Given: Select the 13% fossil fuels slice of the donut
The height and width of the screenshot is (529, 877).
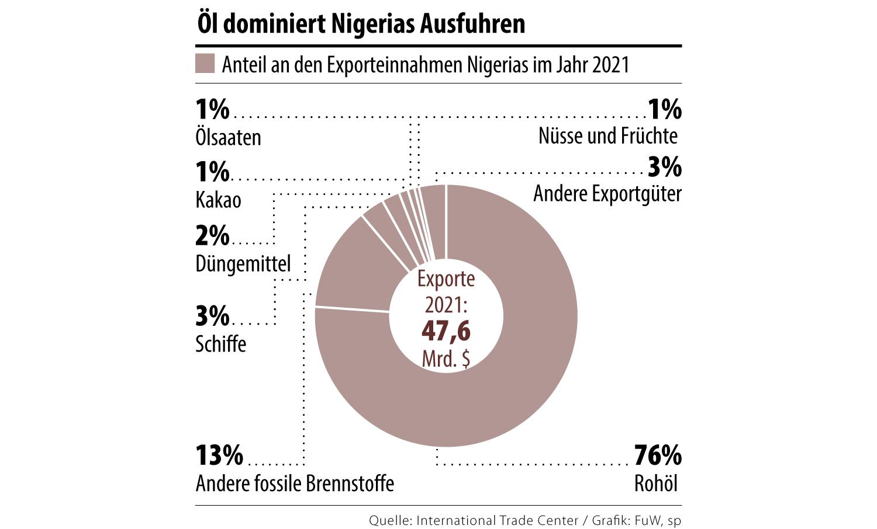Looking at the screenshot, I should point(351,269).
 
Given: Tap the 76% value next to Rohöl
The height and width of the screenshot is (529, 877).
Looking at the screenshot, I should point(658,455).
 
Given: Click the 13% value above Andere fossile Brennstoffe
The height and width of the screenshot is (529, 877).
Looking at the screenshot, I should point(219,455).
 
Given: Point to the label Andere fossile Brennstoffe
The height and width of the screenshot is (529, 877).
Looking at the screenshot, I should point(295,483).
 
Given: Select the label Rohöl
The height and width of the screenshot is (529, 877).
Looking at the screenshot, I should point(656,483).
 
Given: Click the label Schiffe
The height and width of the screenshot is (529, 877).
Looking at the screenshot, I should point(220,343).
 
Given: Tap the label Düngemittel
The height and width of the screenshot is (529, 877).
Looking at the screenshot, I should point(243,263).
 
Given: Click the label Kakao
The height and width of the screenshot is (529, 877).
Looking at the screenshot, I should point(218,200).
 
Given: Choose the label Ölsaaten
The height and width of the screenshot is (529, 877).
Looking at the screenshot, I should point(228,137).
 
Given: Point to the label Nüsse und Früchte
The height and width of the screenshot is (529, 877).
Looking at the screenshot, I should point(608,136).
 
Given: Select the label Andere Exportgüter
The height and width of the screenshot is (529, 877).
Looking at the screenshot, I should point(607,193).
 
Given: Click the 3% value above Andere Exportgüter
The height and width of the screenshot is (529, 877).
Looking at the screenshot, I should point(665,167).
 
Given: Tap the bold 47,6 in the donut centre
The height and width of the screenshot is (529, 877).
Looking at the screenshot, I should point(446,331).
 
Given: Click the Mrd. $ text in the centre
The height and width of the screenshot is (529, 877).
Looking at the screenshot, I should point(446,359).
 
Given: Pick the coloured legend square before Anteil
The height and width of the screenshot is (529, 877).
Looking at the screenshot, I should point(205,64).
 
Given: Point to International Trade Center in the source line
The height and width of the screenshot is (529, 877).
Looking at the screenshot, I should point(497,520).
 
